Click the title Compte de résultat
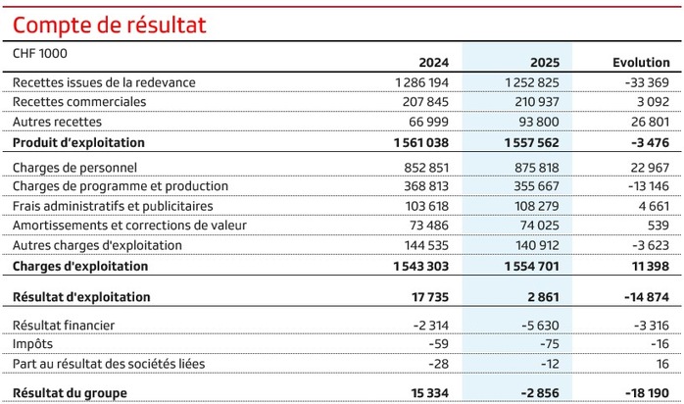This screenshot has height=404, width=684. point(110,24)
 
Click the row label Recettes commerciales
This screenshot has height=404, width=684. point(79,102)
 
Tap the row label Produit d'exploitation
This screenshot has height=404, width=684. point(78,142)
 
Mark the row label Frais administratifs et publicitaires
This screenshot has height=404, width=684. point(113,206)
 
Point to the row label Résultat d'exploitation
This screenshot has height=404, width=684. point(81,296)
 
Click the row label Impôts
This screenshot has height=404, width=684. point(33,344)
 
